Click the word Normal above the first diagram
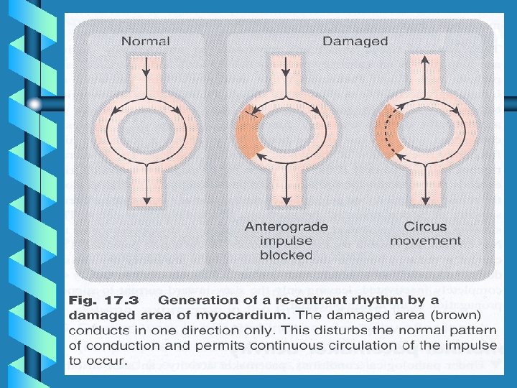click(x=146, y=41)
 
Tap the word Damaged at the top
click(x=355, y=41)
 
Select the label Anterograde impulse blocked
click(x=287, y=241)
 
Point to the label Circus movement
click(x=425, y=234)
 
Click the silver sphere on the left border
click(x=36, y=105)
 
